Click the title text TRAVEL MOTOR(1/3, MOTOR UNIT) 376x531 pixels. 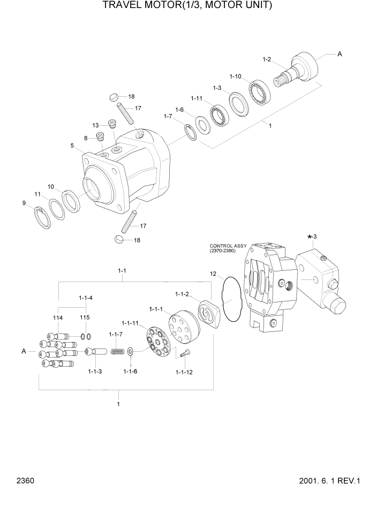[187, 6]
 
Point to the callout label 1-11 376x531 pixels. [197, 98]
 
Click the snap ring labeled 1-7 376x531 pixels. [190, 131]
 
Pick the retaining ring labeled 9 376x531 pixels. [43, 218]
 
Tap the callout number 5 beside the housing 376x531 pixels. [71, 145]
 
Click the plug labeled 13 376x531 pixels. [112, 124]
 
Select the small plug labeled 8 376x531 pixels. [99, 136]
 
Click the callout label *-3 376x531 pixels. [312, 236]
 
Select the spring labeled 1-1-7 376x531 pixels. [117, 351]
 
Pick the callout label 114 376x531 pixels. [58, 318]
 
